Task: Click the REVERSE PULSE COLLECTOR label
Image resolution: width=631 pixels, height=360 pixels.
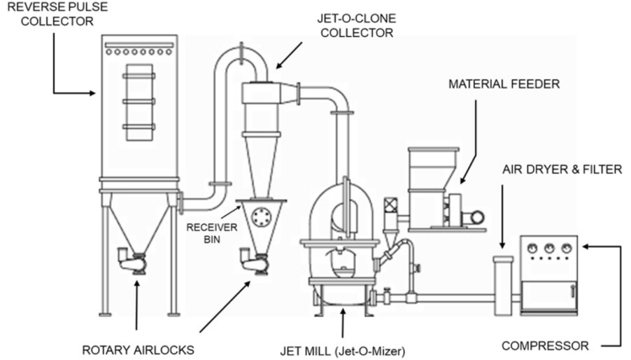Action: pos(57,13)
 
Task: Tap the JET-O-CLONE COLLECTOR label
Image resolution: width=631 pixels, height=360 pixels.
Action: pos(357,25)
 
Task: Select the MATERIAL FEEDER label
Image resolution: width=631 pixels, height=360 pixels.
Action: pos(504,84)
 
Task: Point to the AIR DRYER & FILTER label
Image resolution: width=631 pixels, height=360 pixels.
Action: pos(562,169)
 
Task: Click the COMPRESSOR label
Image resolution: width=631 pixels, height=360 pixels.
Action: pos(545,346)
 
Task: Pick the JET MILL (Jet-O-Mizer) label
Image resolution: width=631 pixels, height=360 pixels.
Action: pos(342,351)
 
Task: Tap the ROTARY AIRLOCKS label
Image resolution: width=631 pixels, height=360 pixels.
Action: pos(138,350)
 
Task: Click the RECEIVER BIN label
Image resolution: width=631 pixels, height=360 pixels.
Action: pos(212,234)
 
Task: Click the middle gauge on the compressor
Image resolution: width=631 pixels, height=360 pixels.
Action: pos(549,248)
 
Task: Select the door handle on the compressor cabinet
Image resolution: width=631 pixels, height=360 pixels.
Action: pos(573,290)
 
